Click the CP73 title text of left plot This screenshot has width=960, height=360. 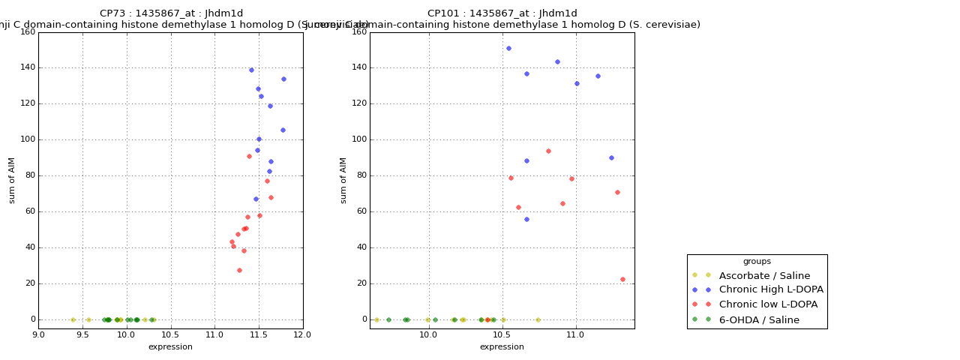click(x=171, y=13)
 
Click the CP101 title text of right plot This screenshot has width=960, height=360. click(x=502, y=13)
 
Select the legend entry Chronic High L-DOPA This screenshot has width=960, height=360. click(x=771, y=289)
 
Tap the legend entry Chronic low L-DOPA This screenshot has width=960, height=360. click(x=768, y=304)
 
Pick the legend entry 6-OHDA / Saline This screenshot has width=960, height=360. click(x=759, y=319)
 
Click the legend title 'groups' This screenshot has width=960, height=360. click(x=757, y=261)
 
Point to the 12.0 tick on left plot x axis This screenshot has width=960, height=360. click(x=303, y=334)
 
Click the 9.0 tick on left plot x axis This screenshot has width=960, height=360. click(x=38, y=334)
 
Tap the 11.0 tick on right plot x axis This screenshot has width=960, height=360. click(x=575, y=334)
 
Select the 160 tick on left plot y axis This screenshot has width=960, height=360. click(x=27, y=31)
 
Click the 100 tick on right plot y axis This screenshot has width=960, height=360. click(x=358, y=139)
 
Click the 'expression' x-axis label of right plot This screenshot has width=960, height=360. click(x=502, y=346)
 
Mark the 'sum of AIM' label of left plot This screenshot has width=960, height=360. click(x=12, y=180)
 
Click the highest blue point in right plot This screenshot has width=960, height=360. click(x=508, y=48)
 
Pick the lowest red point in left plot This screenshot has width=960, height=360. click(x=239, y=270)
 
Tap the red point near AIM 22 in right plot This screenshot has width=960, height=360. click(x=622, y=279)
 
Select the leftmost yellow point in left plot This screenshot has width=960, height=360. click(x=73, y=319)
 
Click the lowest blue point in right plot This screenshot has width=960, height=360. click(x=526, y=219)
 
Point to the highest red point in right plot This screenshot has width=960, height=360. click(x=548, y=151)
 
